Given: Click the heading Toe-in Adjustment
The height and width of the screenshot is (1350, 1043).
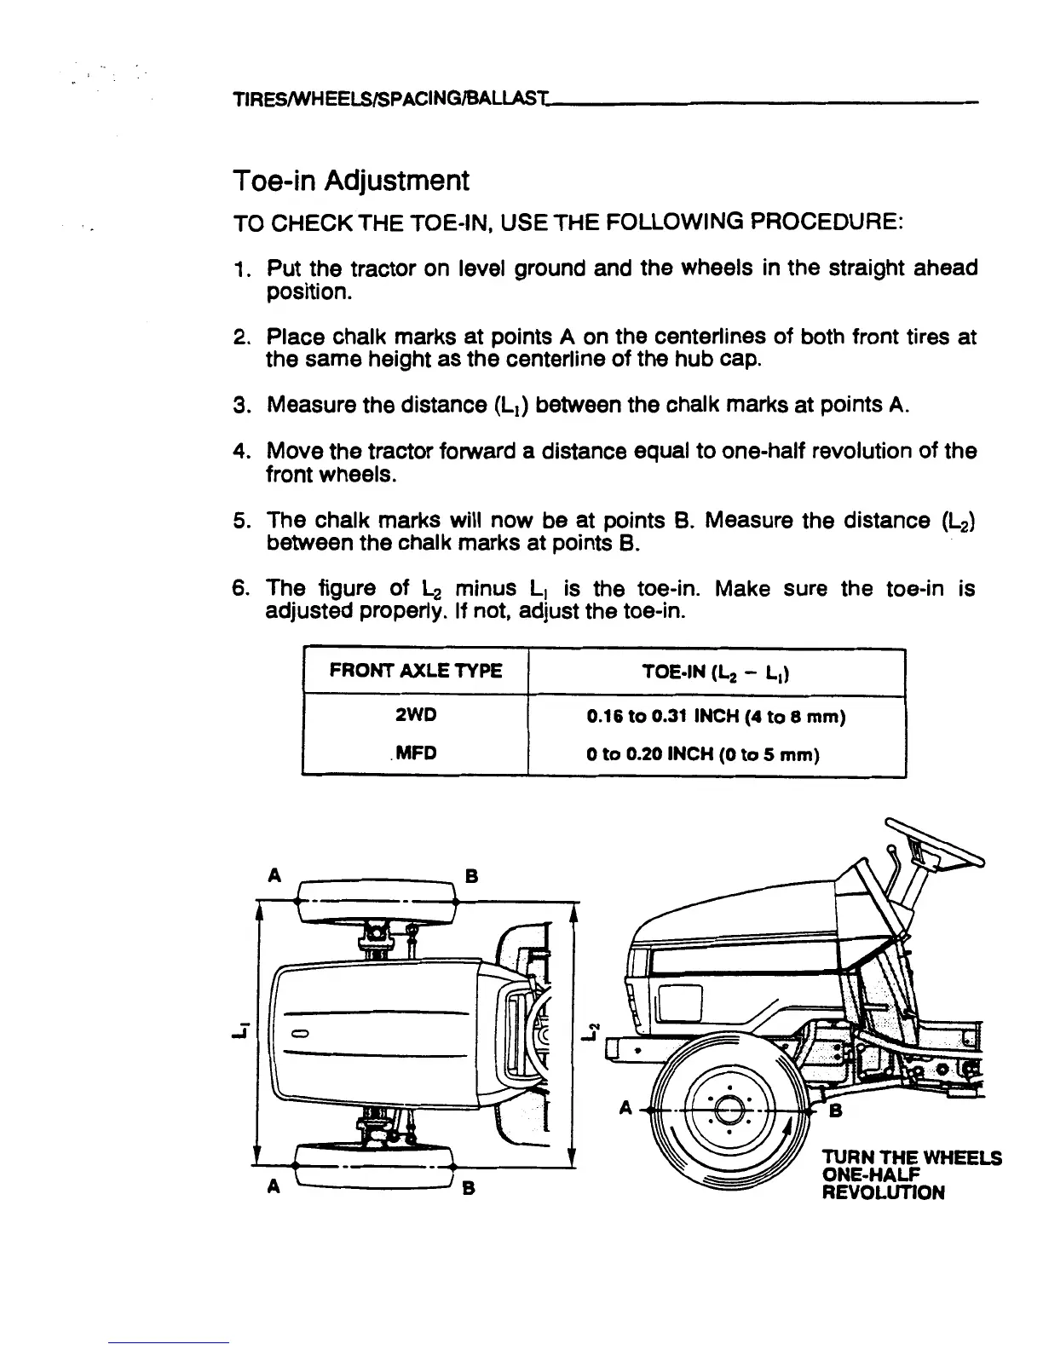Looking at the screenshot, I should coord(350,181).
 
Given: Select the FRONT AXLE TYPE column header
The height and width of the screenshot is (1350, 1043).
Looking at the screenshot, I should coord(416,671).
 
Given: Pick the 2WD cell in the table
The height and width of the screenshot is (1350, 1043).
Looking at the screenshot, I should coord(416,716).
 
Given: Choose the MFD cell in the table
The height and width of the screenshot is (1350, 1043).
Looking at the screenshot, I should coord(416,753).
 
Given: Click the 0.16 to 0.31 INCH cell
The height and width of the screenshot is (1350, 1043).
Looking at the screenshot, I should coord(716,717).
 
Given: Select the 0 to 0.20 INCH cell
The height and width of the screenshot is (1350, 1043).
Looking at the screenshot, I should coord(716,754).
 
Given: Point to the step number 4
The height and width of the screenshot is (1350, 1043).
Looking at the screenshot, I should coord(240,451).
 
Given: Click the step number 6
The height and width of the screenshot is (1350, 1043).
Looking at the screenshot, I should coord(240,589).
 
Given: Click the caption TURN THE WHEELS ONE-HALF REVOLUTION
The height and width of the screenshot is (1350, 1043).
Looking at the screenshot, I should coord(910,1174).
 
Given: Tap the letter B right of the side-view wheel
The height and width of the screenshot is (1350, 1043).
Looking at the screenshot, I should coord(836,1111).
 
